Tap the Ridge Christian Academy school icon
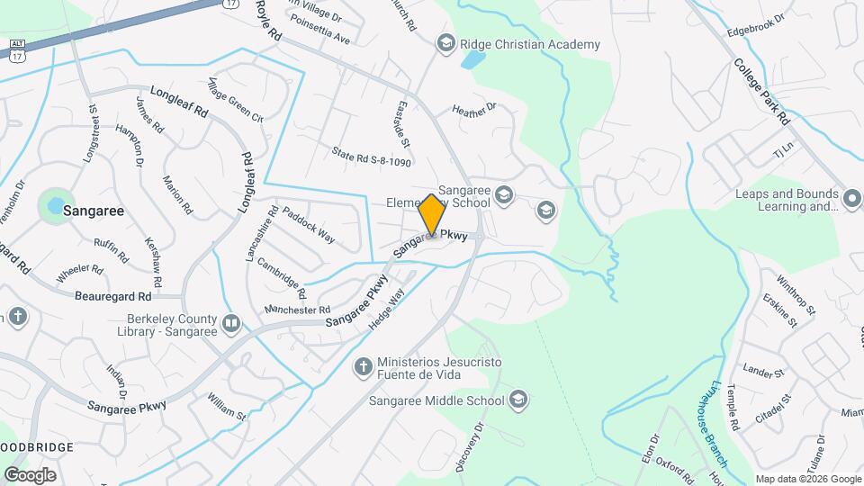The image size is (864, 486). pos(445,43)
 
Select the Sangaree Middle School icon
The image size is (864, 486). pos(518,400)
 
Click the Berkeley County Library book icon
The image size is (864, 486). pos(231,323)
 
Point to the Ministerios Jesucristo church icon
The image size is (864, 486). pos(363,366)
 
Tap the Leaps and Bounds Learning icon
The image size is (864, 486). pos(852,197)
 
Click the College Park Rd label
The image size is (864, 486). pos(760,91)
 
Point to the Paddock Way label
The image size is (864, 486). pos(308,225)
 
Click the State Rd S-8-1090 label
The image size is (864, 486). pos(371,157)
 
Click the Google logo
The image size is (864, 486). pos(30,474)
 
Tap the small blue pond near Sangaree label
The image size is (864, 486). pos(56,205)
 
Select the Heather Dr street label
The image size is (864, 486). pos(473,110)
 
